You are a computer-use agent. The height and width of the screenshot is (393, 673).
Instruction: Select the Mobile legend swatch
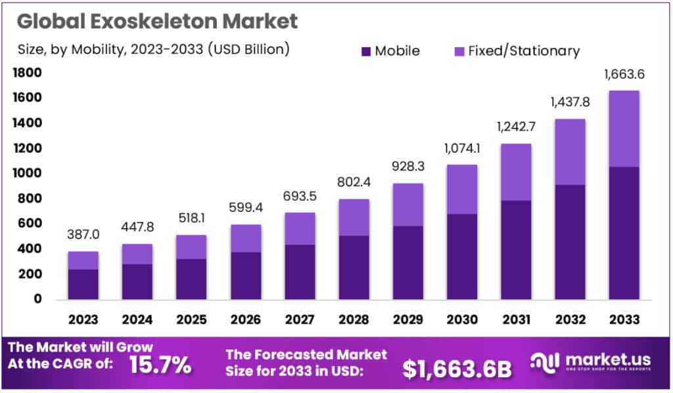pyautogui.click(x=366, y=51)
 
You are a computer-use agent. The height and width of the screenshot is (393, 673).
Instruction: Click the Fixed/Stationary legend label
pyautogui.click(x=523, y=51)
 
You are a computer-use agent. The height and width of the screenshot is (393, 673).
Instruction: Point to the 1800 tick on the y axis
pyautogui.click(x=28, y=73)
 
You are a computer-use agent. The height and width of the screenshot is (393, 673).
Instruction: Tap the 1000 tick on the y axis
pyautogui.click(x=28, y=173)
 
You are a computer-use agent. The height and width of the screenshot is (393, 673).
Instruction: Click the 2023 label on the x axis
pyautogui.click(x=83, y=320)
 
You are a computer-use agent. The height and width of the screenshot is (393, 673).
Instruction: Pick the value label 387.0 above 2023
pyautogui.click(x=83, y=234)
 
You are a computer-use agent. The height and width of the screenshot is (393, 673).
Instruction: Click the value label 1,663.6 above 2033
pyautogui.click(x=624, y=74)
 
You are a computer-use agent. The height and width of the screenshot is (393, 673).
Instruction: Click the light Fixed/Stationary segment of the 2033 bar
pyautogui.click(x=624, y=129)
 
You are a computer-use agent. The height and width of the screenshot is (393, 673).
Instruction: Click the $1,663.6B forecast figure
pyautogui.click(x=457, y=369)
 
